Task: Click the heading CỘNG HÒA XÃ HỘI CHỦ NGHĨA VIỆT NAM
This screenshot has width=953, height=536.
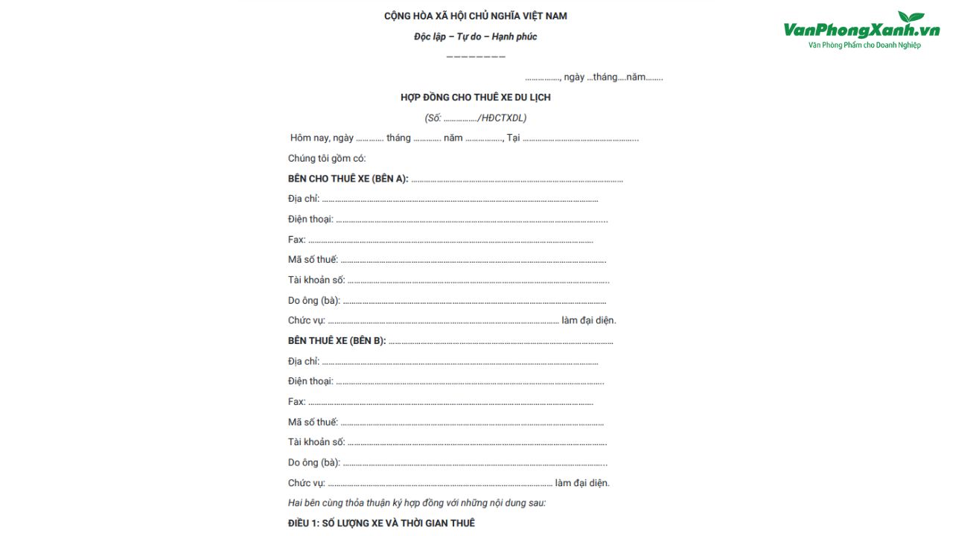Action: pos(476,16)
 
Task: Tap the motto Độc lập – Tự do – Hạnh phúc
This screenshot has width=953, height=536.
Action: pos(476,36)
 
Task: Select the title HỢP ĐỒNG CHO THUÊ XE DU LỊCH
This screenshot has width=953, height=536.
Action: pos(476,98)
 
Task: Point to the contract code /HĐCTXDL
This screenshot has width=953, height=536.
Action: pos(503,118)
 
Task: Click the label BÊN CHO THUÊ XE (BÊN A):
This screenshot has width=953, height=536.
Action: pos(348,179)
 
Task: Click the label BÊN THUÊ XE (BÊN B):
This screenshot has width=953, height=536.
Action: pos(337,341)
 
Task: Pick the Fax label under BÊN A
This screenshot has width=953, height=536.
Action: pos(296,240)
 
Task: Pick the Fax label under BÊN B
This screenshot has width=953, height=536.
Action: pos(296,402)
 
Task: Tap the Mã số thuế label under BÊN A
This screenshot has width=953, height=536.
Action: pos(313,260)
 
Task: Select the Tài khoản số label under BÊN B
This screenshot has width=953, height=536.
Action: pos(316,442)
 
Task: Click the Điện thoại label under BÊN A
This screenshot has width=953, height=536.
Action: pos(310,220)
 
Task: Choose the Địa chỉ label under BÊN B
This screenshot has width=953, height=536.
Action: pos(304,361)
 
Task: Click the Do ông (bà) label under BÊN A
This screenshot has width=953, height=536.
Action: pos(314,301)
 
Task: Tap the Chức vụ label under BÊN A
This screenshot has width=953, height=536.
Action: pos(307,321)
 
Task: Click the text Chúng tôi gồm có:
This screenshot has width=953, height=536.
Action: pos(327,159)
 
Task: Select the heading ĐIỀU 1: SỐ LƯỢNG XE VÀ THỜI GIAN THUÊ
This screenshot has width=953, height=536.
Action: pos(381,523)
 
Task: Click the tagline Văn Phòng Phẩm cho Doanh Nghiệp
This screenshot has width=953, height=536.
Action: pos(864,45)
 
